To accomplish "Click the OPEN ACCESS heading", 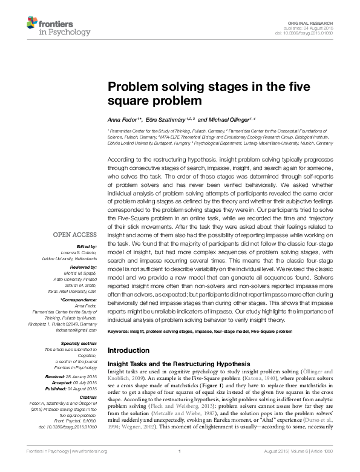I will click(74, 234).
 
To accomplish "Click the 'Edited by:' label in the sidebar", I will click(86, 246).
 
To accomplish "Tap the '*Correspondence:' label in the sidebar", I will click(79, 300).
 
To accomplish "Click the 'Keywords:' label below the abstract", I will click(120, 332).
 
